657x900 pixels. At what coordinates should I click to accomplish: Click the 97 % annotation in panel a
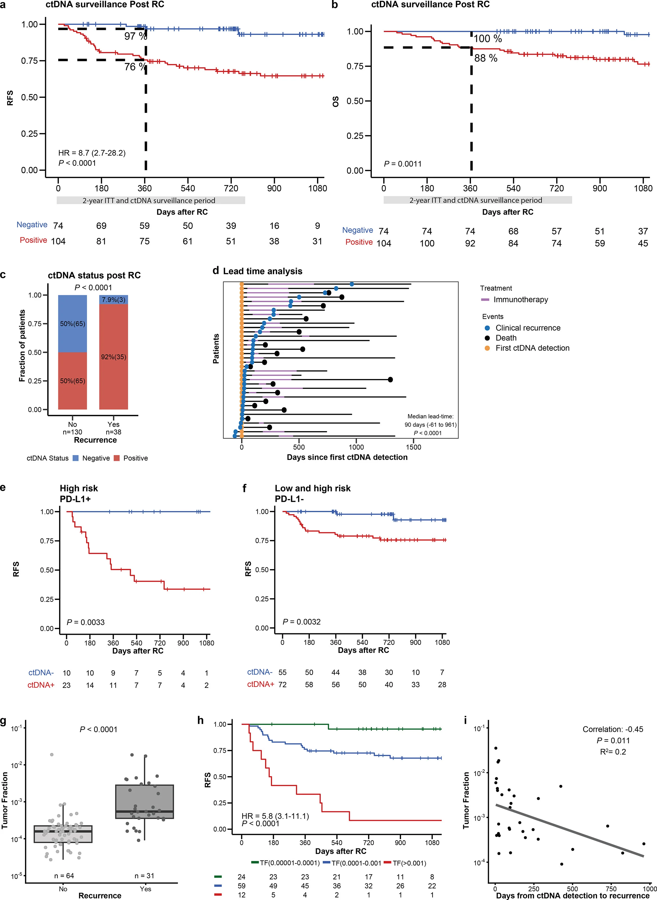point(135,36)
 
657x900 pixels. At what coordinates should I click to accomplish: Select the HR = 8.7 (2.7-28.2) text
point(92,153)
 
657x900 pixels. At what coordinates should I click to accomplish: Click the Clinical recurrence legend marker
point(487,328)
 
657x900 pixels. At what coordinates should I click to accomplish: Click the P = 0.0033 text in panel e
point(86,622)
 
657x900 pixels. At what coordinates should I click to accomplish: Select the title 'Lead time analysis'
point(262,271)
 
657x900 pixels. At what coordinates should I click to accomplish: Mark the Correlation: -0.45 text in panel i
point(613,729)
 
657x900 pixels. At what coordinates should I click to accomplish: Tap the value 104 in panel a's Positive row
point(58,241)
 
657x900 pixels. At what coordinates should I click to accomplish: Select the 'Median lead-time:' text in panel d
point(430,416)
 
